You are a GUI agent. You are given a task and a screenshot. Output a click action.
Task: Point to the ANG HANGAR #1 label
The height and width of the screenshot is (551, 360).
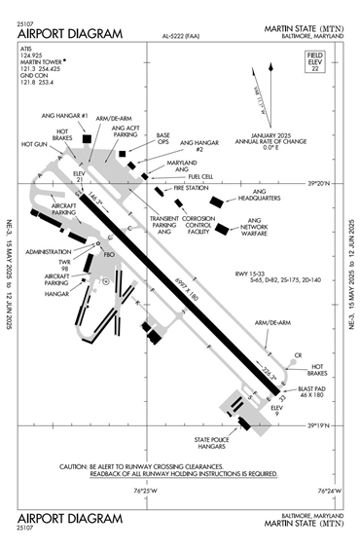(70, 117)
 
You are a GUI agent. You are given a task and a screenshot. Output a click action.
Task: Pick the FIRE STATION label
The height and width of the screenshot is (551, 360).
(192, 187)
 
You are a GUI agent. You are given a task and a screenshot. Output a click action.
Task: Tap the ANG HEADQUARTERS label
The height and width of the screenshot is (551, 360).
(259, 196)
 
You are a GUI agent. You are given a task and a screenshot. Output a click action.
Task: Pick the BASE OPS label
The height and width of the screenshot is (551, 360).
(163, 139)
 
